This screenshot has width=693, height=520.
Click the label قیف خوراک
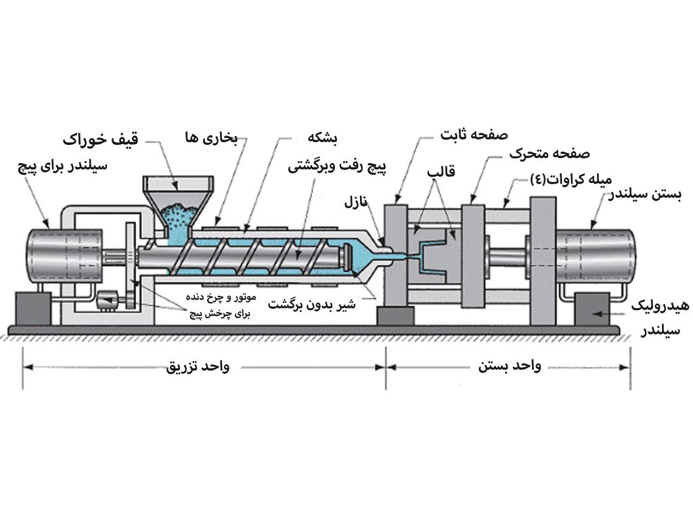click(100, 141)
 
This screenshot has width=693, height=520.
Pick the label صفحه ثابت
click(474, 134)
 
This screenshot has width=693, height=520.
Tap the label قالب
click(441, 171)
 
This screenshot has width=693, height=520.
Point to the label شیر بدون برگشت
click(312, 304)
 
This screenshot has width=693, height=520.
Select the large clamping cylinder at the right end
click(595, 256)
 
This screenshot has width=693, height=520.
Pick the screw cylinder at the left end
click(64, 256)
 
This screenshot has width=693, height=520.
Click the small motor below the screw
click(108, 301)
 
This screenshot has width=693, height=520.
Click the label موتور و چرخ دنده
click(218, 298)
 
